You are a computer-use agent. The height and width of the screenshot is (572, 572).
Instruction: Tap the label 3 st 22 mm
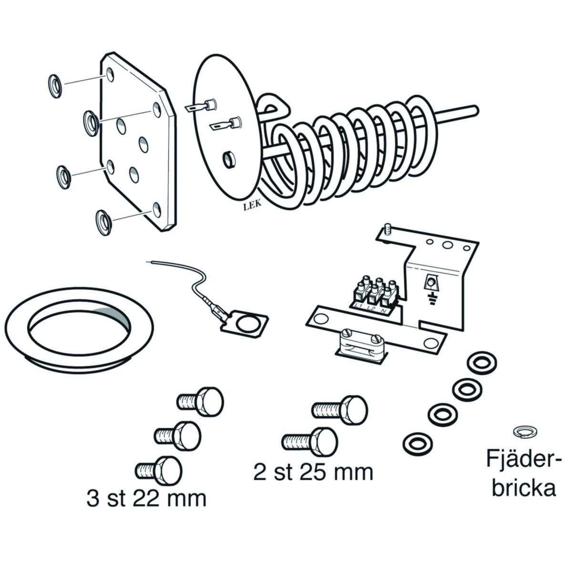tap(147, 499)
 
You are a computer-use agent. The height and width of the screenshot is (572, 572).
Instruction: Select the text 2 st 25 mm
tap(313, 472)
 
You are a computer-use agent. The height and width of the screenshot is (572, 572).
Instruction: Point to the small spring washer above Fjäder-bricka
tap(523, 431)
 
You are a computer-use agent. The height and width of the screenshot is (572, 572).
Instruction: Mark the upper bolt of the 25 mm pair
tap(341, 408)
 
